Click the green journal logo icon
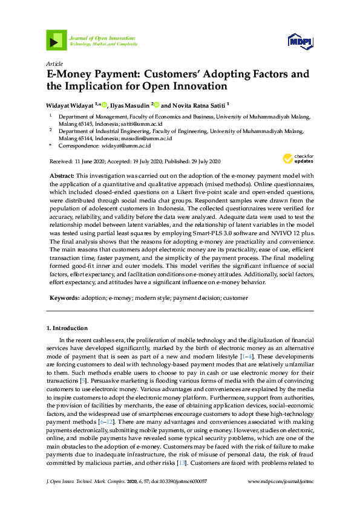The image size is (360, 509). click(x=56, y=41)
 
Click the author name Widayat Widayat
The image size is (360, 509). click(x=71, y=105)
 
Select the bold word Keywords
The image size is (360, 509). click(x=64, y=298)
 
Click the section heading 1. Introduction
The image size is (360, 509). click(x=67, y=328)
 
